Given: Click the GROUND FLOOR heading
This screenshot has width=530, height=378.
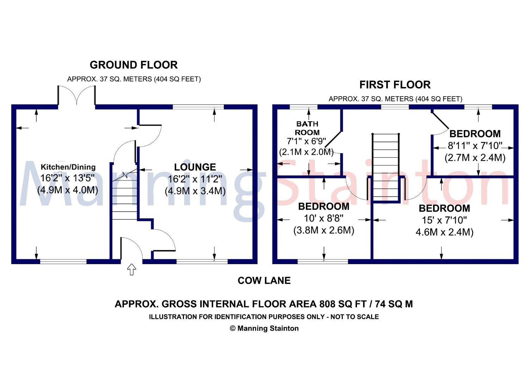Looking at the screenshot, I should coord(134,65).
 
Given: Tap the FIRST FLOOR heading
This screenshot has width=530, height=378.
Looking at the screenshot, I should coord(395,85).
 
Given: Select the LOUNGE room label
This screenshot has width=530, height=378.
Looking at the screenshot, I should coord(195,167).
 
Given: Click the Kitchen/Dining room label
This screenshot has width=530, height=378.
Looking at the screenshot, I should coord(68,167).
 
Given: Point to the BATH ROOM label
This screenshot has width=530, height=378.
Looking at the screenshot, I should coord(307,128).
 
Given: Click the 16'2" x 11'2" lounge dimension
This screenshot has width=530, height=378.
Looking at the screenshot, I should coord(195,179).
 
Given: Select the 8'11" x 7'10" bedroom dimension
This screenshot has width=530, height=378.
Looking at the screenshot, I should coord(475,146).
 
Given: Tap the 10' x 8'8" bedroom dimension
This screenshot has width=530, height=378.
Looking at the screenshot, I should coord(323,218).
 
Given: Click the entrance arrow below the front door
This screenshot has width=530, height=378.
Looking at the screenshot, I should coord(131,269).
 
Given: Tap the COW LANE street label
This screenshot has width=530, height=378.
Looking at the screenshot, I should coord(264,281).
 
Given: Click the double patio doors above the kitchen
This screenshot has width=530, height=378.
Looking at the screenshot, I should coord(76,96).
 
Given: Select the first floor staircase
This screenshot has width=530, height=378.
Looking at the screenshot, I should coord(386,166).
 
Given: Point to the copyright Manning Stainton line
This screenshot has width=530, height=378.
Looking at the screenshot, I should coord(264,329).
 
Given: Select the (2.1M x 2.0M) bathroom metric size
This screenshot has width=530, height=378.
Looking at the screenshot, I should coord(306,152).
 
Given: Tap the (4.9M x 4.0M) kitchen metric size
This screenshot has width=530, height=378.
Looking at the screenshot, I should coord(68,190).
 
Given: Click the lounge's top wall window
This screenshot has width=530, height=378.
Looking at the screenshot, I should coord(198,107).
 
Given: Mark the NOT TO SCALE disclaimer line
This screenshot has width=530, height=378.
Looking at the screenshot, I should coord(264,317).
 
